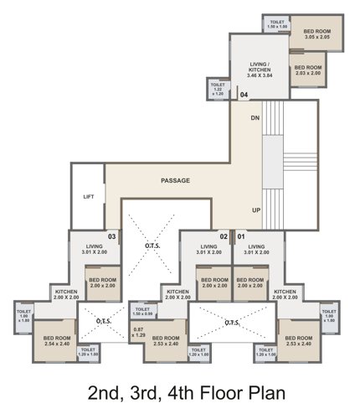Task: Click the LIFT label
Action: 89,197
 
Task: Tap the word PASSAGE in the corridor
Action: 175,180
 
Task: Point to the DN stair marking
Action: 255,118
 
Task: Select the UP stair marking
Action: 256,211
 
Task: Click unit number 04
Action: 244,96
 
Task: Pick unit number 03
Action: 111,237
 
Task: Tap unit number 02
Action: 224,237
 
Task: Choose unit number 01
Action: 242,237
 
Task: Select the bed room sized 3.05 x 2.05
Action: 310,34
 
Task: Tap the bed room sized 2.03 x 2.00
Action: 307,70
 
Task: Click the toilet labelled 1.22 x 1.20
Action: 218,89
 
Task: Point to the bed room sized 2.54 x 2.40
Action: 55,340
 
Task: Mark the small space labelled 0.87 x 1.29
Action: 138,332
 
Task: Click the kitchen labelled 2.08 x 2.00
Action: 66,294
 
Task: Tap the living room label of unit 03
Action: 93,248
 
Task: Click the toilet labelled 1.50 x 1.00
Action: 277,24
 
